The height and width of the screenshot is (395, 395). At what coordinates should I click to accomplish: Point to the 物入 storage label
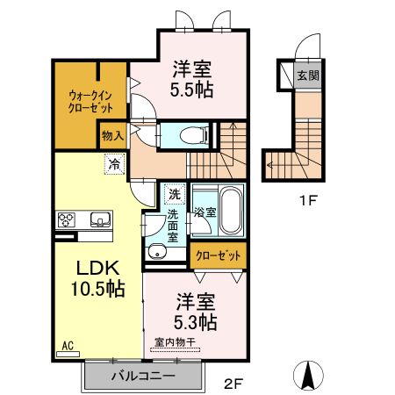click(111, 135)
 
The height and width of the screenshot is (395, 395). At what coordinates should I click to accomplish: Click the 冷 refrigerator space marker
click(114, 162)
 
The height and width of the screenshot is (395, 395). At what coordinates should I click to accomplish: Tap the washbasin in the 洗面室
click(158, 253)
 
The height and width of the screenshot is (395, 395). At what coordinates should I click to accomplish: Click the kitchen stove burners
click(68, 220)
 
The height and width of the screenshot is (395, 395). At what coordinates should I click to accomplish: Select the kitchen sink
click(97, 220)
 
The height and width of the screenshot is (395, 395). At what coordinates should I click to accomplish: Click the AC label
click(68, 348)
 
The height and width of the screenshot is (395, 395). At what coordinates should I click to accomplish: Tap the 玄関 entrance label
click(306, 76)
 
